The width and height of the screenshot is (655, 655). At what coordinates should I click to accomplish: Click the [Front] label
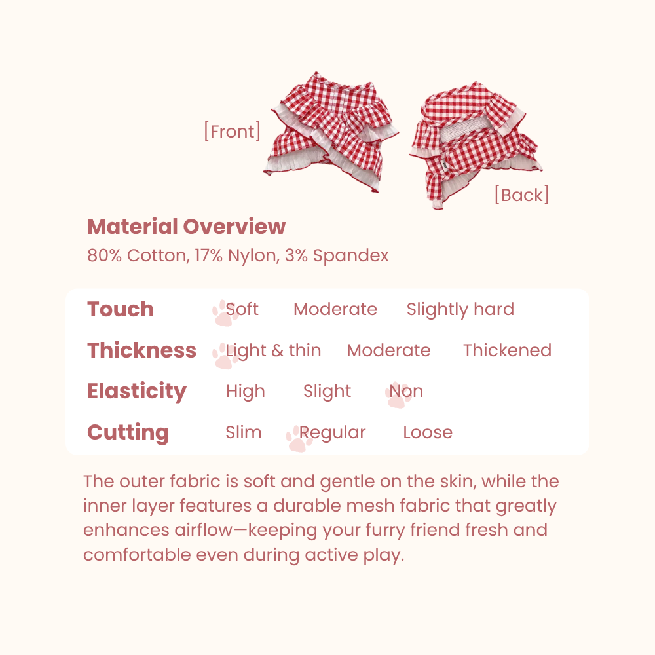tap(233, 132)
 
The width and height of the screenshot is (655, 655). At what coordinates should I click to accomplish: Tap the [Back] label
tap(521, 195)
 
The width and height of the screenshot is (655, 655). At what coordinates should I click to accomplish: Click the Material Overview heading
tap(186, 227)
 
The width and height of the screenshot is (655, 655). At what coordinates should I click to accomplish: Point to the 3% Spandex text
tap(337, 255)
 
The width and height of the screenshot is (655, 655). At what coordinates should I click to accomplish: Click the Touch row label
tap(121, 309)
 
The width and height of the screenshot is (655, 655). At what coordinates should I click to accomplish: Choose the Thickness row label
tap(141, 350)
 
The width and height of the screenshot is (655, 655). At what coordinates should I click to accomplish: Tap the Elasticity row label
tap(137, 392)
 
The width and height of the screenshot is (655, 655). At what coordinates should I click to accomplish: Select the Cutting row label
tap(128, 432)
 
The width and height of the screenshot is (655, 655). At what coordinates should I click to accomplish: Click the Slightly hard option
tap(460, 310)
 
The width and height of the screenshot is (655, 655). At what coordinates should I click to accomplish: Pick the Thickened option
tap(507, 350)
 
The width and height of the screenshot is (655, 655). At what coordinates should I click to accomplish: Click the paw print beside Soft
tap(225, 313)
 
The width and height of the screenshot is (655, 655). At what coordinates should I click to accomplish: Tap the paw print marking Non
tap(398, 395)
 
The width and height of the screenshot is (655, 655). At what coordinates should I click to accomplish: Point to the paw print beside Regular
tap(299, 439)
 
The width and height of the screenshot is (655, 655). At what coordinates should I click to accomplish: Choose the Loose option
tap(428, 432)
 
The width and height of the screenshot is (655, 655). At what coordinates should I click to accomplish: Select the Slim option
tap(244, 432)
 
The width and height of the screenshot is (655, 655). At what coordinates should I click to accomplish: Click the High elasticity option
tap(246, 392)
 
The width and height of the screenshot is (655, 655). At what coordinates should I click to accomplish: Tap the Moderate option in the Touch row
tap(335, 309)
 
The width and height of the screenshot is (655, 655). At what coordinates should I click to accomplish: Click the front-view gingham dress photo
tap(331, 132)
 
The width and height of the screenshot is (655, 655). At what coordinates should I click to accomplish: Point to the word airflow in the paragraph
tap(204, 530)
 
